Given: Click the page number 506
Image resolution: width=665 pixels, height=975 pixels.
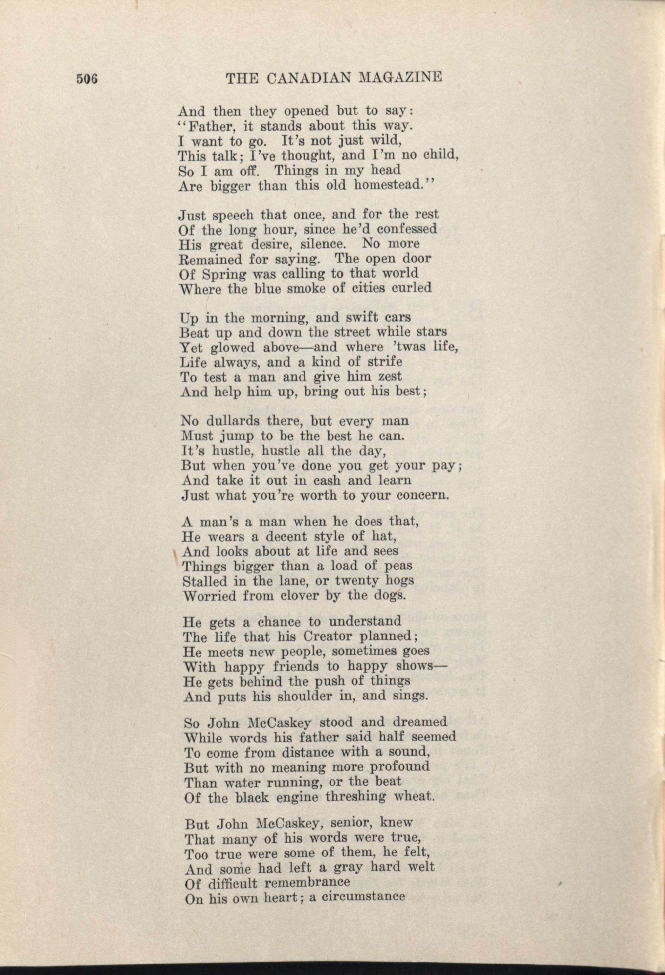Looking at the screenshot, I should click(87, 79).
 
